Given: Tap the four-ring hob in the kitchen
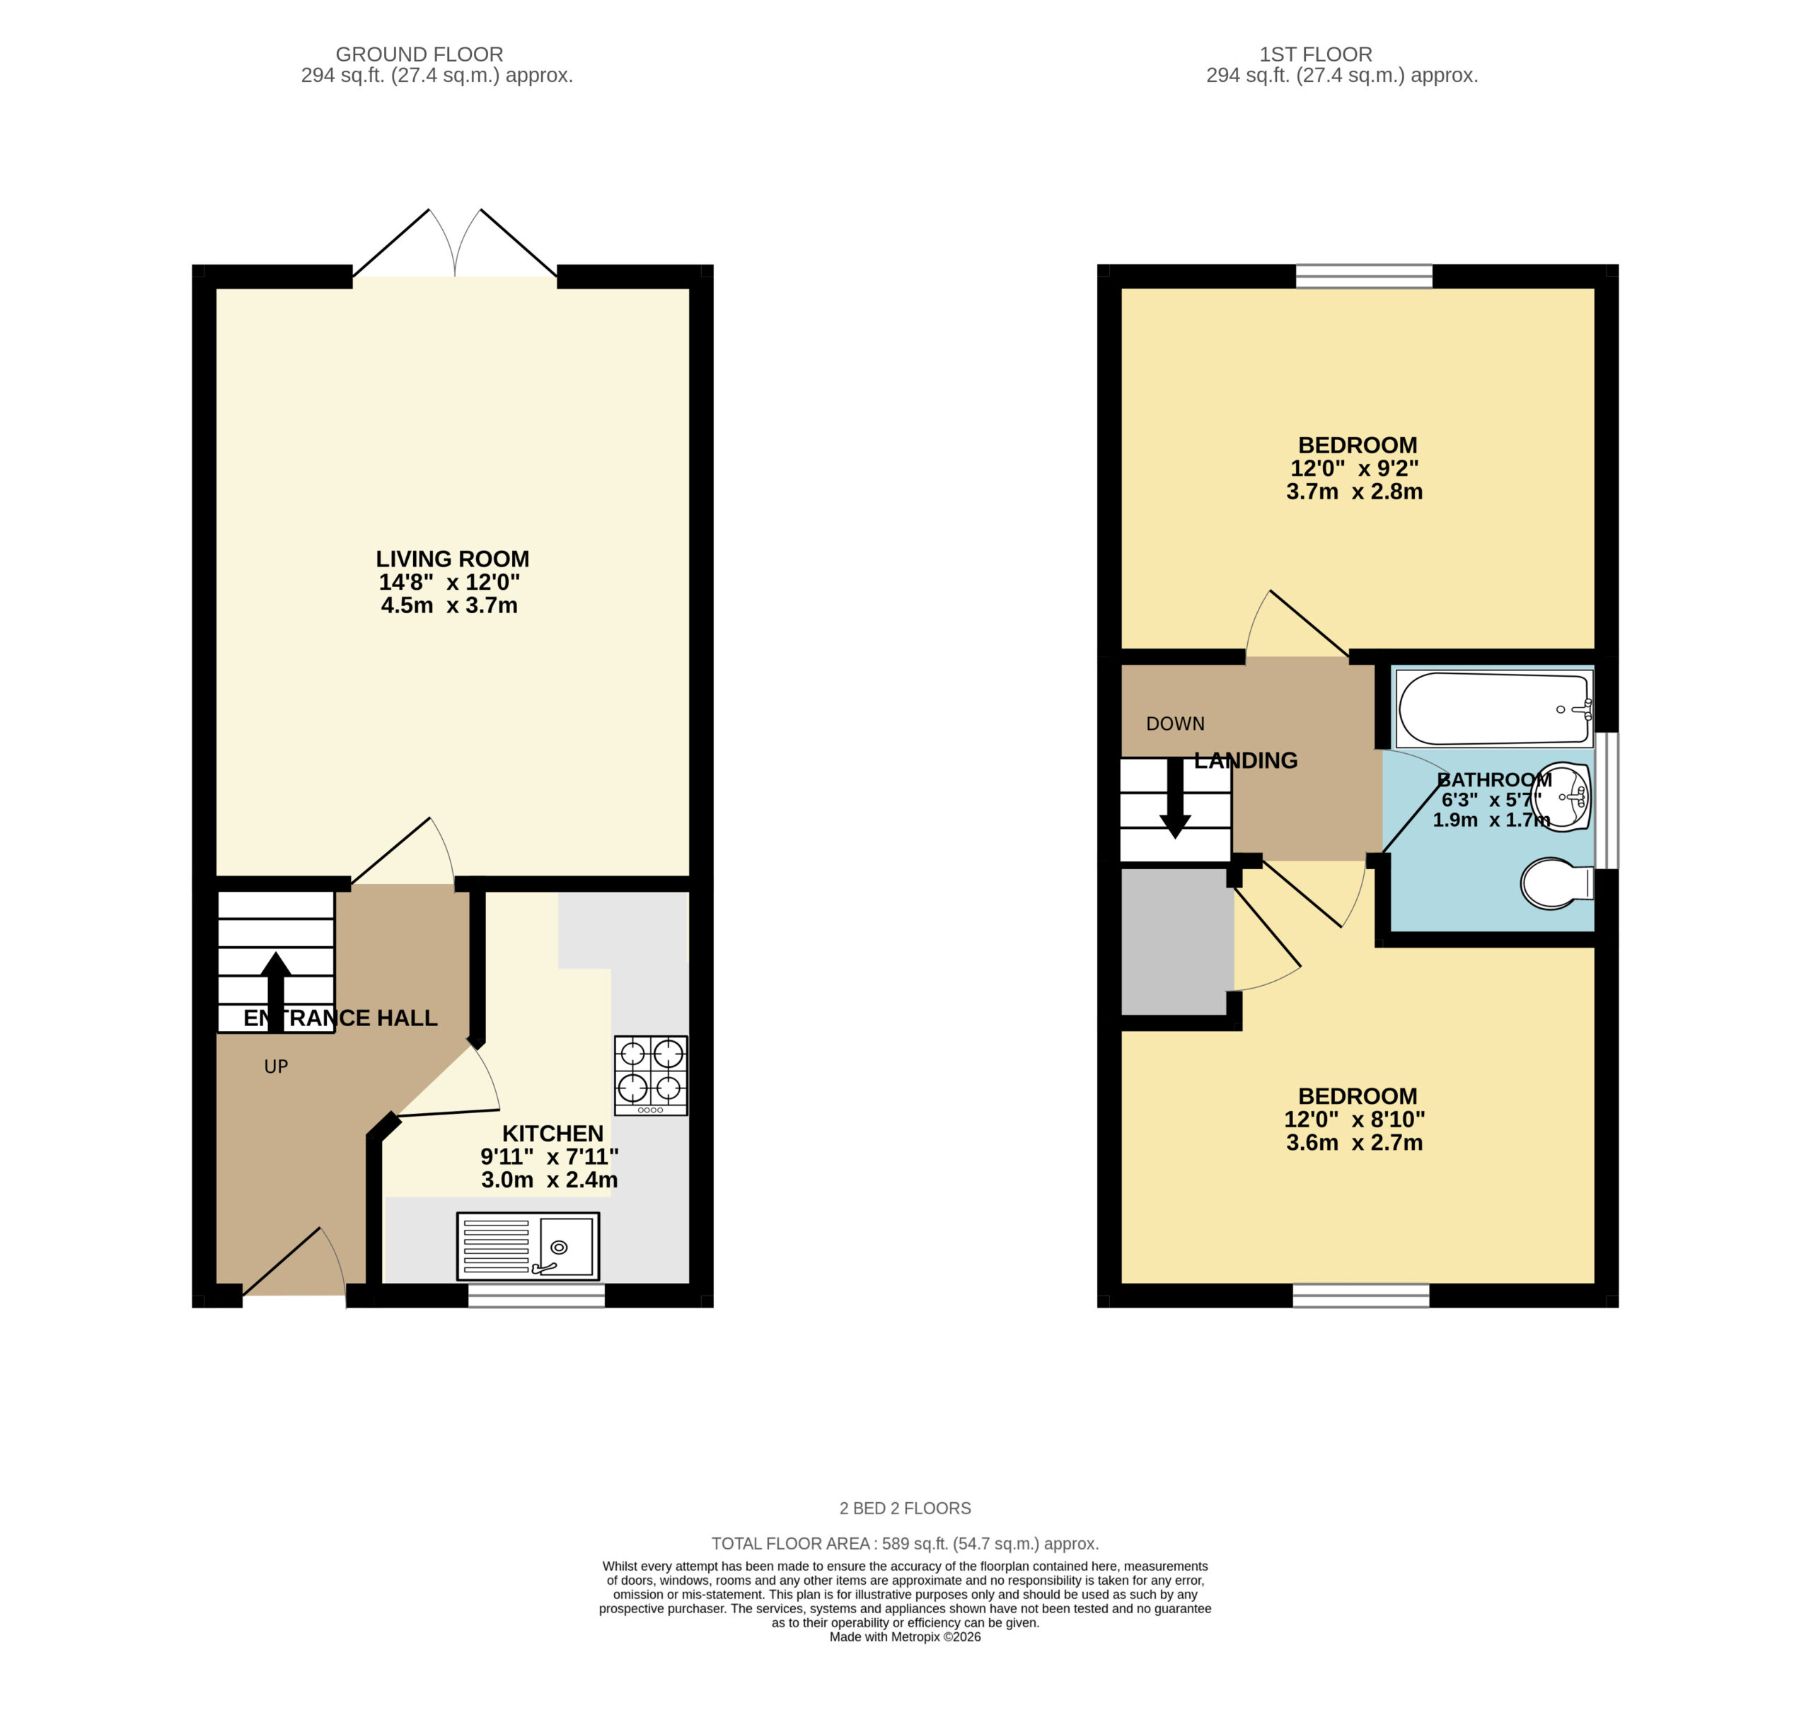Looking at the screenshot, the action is [651, 1075].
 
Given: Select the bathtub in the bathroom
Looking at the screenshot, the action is [1494, 709].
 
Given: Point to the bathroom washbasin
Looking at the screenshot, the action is [1563, 796].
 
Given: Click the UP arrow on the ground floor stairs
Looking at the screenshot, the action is [275, 992].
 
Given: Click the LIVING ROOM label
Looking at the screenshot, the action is [452, 559].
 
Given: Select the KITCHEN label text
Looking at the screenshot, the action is [552, 1133].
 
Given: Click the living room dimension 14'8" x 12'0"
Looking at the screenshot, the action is [449, 582].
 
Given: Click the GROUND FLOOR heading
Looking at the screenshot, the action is [419, 54].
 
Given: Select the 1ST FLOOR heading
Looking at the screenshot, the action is [1316, 54].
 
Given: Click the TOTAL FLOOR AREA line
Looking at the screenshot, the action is [905, 1544].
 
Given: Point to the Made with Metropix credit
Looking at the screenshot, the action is [905, 1636].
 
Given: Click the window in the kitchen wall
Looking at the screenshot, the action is [537, 1296].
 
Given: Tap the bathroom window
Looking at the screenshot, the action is [1607, 800].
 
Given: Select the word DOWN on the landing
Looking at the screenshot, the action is [1175, 723].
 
